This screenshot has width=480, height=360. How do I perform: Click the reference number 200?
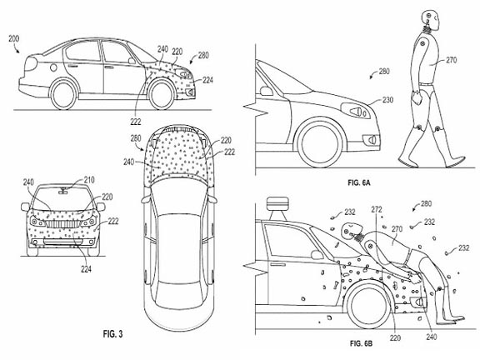14,39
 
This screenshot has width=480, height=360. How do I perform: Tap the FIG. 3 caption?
113,333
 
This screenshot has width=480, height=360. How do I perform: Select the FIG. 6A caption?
359,182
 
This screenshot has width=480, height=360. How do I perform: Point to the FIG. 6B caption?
361,343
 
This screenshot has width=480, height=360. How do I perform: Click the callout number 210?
89,180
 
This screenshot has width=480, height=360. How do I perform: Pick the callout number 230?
387,100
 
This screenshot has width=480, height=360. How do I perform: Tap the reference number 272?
377,209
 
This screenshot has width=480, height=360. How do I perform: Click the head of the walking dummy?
431,18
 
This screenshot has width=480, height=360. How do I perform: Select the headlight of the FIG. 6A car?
355,111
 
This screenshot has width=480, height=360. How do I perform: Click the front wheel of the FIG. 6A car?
320,143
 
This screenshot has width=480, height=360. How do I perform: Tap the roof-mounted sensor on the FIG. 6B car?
277,205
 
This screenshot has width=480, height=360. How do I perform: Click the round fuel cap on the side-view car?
53,67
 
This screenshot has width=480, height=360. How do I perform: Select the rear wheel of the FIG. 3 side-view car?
63,95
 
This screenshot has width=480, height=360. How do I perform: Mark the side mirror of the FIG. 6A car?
266,91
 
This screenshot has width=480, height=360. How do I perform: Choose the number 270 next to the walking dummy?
451,60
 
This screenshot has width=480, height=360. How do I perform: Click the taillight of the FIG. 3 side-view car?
31,63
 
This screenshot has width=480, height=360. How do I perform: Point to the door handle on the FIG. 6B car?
278,264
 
